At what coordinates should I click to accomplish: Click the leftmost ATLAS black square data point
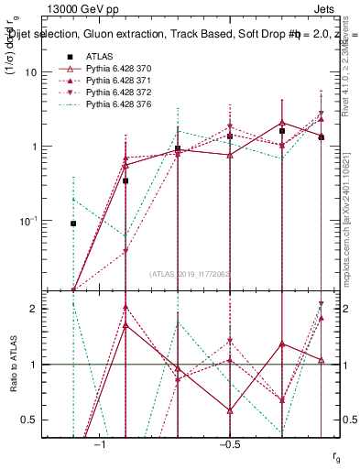pos(73,224)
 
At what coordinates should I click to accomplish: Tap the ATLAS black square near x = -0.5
pos(230,136)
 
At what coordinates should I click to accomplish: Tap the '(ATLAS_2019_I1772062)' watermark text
pos(192,273)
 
